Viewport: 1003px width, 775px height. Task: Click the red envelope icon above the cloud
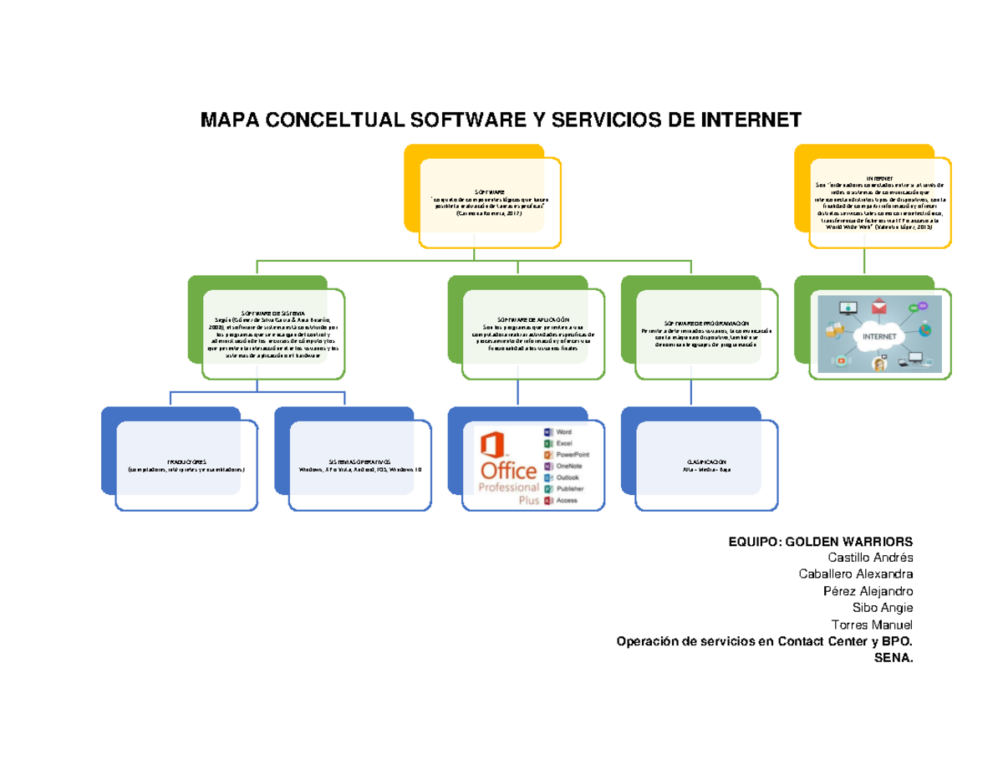coord(878,305)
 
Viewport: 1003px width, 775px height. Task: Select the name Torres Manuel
coord(873,625)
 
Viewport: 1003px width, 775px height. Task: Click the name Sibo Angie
coord(883,607)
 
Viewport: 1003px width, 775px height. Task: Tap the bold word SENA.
coord(894,658)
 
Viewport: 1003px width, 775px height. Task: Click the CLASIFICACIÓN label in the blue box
coord(707,461)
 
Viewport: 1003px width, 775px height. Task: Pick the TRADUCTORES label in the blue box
coord(186,461)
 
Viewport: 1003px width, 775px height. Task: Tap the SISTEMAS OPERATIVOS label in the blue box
coord(359,461)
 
